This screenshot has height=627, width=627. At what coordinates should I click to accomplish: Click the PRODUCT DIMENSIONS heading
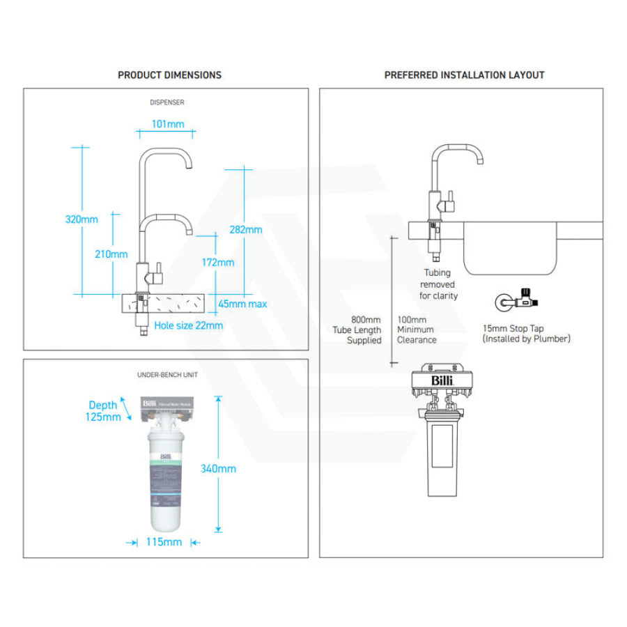169,75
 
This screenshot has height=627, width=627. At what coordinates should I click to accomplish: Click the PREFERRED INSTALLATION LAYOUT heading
464,75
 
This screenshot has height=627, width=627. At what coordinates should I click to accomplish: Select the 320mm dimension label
82,219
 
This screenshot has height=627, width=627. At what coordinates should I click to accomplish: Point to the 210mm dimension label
111,254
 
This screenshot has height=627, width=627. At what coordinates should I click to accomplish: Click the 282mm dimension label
246,229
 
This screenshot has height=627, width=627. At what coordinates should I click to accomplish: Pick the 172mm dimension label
218,263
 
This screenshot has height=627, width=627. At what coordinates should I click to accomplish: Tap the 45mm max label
242,304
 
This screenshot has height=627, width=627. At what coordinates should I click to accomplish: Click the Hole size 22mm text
189,325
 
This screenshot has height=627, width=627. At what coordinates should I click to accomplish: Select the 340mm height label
218,468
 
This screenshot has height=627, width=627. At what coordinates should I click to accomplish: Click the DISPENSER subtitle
167,102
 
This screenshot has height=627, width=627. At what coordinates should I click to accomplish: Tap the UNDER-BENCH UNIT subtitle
167,375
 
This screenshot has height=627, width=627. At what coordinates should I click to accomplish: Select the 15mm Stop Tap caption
526,333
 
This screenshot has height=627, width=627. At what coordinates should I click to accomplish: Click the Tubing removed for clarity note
438,284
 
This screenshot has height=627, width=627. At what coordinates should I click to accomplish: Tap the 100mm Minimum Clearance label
417,330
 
